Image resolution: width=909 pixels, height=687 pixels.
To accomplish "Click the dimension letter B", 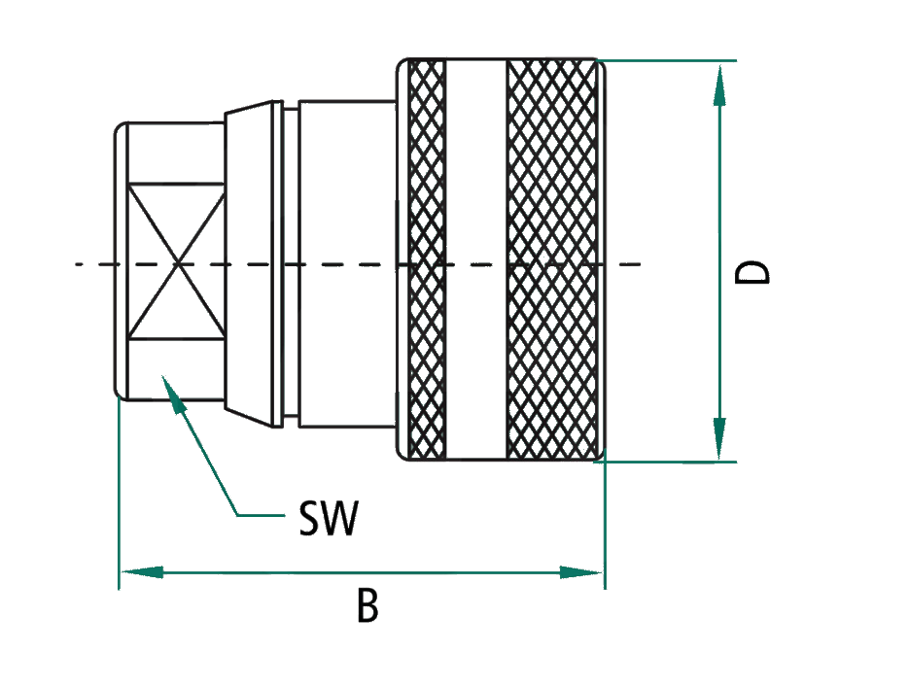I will pos(367,607).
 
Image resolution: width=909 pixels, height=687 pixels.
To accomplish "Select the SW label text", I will pos(328,521).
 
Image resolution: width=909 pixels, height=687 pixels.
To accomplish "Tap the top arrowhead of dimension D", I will pos(719,82).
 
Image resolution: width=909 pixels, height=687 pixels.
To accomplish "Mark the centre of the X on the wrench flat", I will pos(178,263).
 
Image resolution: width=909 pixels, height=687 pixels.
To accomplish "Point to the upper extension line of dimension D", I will pos(671,60).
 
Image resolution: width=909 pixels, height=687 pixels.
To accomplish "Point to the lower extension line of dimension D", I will pos(671,462).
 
